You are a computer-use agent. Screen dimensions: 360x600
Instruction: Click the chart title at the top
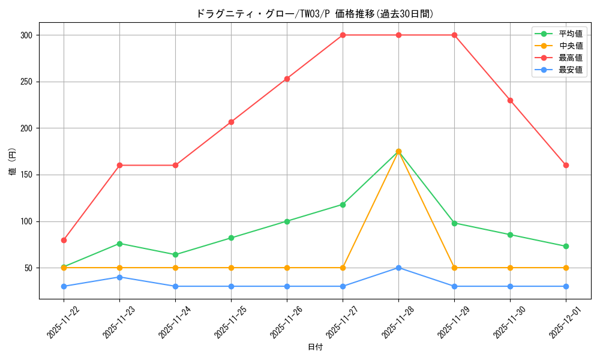pyautogui.click(x=314, y=14)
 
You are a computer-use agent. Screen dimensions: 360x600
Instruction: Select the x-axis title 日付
pyautogui.click(x=314, y=347)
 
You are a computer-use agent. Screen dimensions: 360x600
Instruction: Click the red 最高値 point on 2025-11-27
pyautogui.click(x=343, y=35)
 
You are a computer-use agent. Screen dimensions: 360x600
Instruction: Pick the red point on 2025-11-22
pyautogui.click(x=64, y=240)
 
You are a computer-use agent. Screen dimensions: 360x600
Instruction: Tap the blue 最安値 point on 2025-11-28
pyautogui.click(x=398, y=268)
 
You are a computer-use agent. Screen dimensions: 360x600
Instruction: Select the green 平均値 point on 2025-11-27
pyautogui.click(x=343, y=205)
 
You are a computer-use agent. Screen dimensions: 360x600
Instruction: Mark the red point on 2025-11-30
pyautogui.click(x=510, y=100)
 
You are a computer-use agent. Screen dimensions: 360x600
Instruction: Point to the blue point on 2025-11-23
pyautogui.click(x=119, y=277)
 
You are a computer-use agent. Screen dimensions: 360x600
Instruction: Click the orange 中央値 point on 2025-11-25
pyautogui.click(x=231, y=268)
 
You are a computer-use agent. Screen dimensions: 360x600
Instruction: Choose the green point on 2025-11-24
pyautogui.click(x=175, y=254)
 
